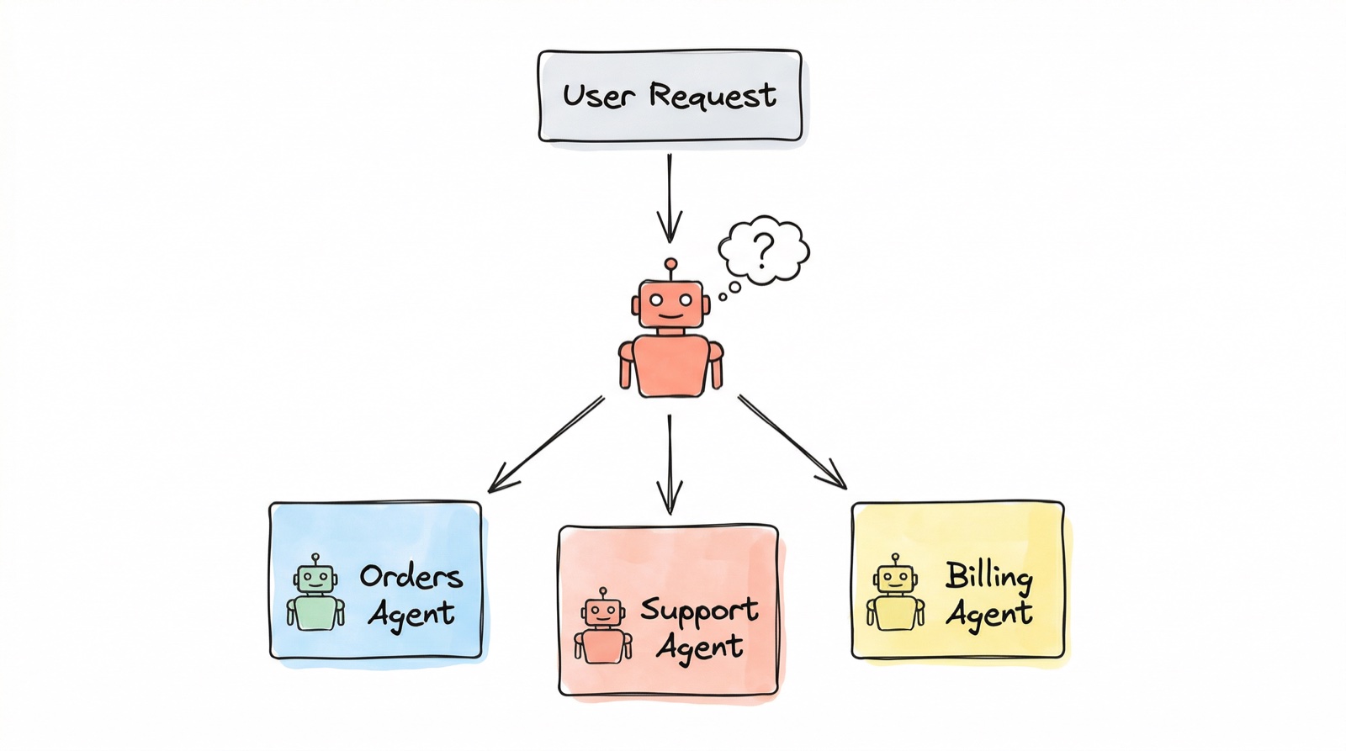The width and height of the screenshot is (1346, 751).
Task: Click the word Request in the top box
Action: pyautogui.click(x=712, y=95)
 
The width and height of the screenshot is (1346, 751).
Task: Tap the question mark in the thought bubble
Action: pyautogui.click(x=762, y=250)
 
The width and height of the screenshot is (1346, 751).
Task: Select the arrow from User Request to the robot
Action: pyautogui.click(x=670, y=198)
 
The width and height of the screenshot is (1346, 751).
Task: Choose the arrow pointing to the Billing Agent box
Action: pyautogui.click(x=791, y=442)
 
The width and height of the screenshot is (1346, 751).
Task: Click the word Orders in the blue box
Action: pyautogui.click(x=411, y=577)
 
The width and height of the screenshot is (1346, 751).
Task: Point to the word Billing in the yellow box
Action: pyautogui.click(x=988, y=576)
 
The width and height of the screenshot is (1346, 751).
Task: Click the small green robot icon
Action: pyautogui.click(x=315, y=593)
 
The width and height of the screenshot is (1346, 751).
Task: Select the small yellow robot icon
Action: pyautogui.click(x=895, y=593)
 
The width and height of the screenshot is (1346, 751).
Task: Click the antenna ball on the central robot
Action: pyautogui.click(x=670, y=264)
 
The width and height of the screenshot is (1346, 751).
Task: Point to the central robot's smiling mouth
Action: pyautogui.click(x=670, y=316)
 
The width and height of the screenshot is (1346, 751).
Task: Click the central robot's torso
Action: pyautogui.click(x=670, y=365)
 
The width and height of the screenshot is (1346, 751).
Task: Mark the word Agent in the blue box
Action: pyautogui.click(x=411, y=615)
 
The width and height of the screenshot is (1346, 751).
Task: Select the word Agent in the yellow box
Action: pyautogui.click(x=988, y=615)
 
